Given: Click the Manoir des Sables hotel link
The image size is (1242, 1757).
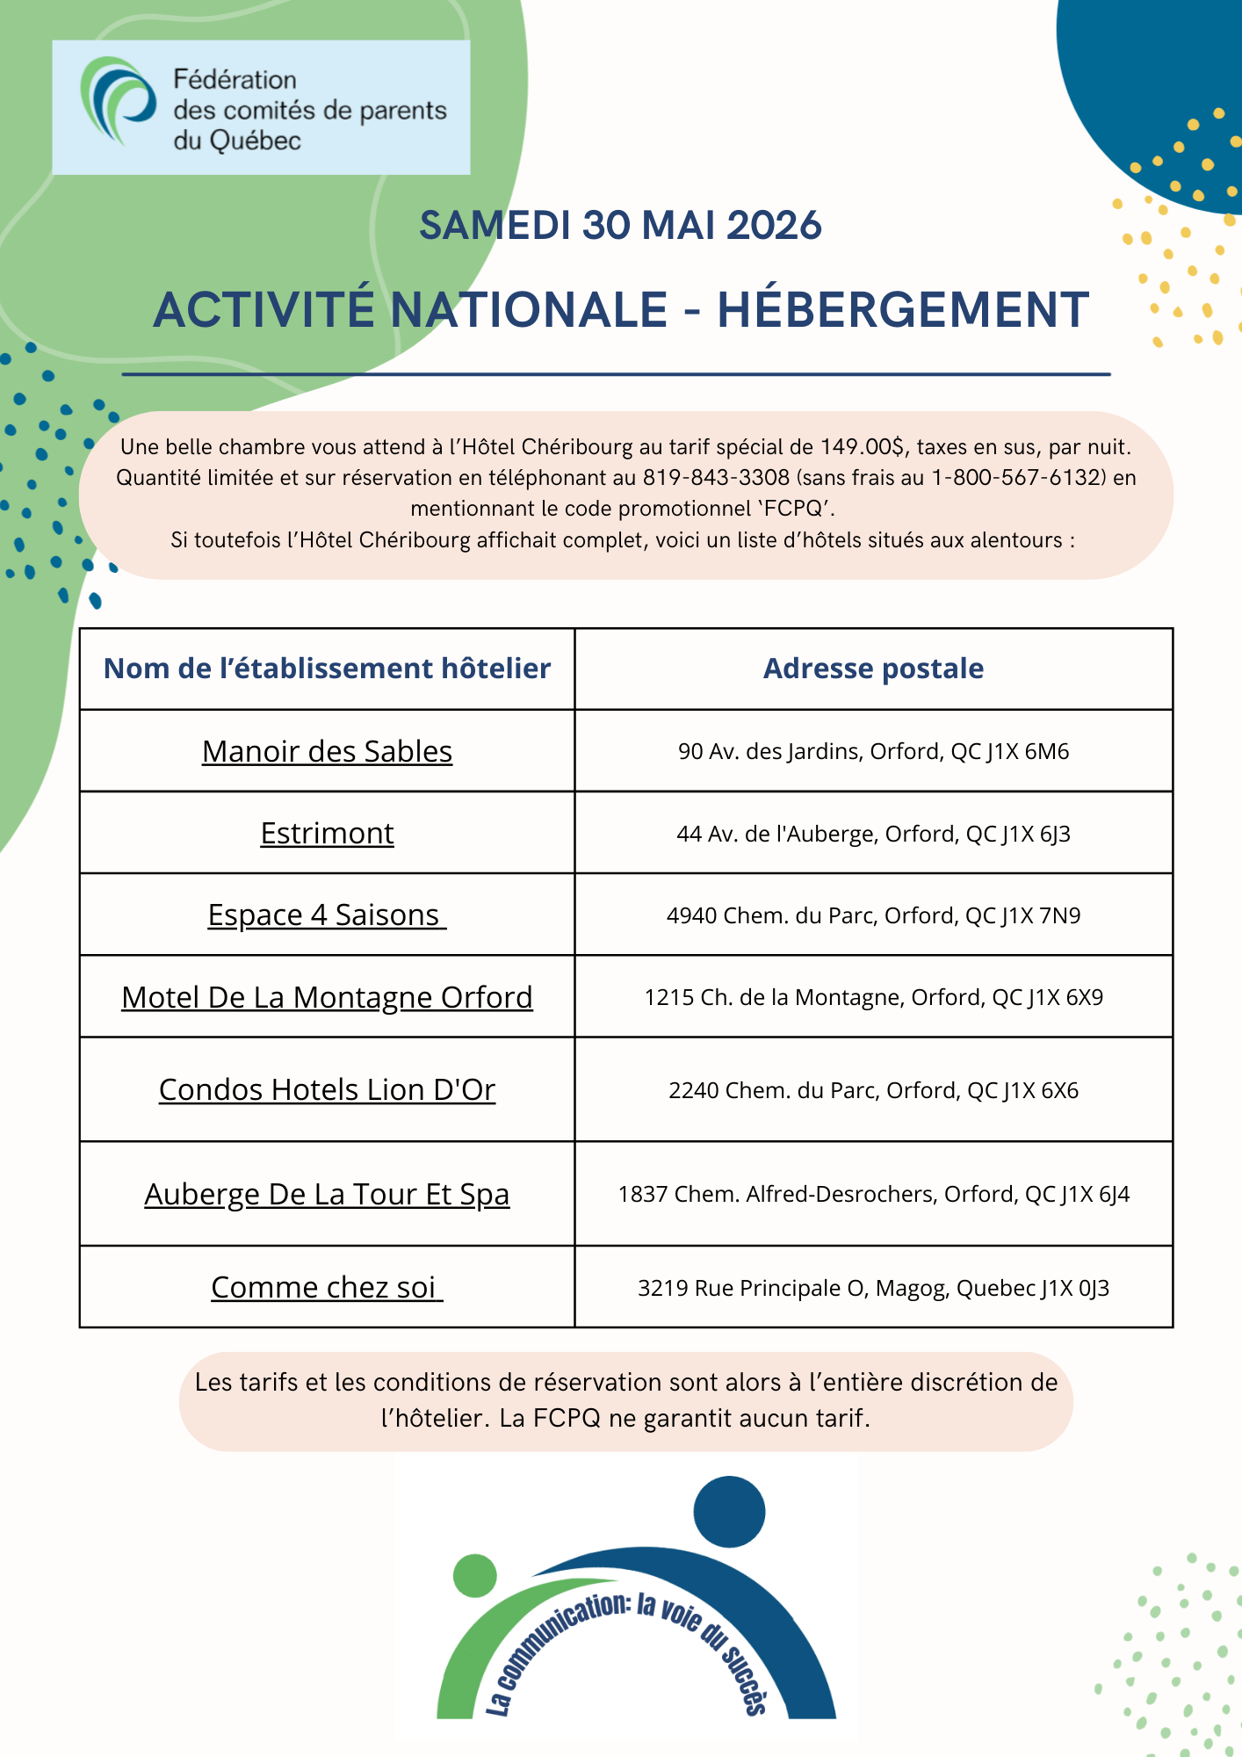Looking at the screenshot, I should pos(327,752).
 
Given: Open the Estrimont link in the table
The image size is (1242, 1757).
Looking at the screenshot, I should pos(327,834).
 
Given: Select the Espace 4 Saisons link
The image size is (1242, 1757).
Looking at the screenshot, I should pos(327,915).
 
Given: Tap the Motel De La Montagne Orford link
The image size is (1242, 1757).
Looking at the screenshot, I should pos(327,998).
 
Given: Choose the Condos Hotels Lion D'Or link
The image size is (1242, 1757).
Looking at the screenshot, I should pos(327,1090).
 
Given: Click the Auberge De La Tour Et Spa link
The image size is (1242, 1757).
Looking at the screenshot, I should pos(327,1195).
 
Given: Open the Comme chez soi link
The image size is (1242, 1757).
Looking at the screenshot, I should pos(327,1288).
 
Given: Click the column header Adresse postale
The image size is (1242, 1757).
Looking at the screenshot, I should pos(873,669).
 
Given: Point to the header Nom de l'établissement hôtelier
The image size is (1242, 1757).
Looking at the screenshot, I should pos(327,669).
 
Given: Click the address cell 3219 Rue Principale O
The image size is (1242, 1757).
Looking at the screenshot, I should pos(873,1289).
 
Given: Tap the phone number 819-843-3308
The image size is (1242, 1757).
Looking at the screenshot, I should pos(716,478).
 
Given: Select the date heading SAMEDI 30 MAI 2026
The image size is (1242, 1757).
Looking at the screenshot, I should pos(620,226).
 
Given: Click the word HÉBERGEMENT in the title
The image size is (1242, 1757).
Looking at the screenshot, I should pos(903,310).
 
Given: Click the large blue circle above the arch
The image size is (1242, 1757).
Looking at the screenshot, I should pos(729,1511).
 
